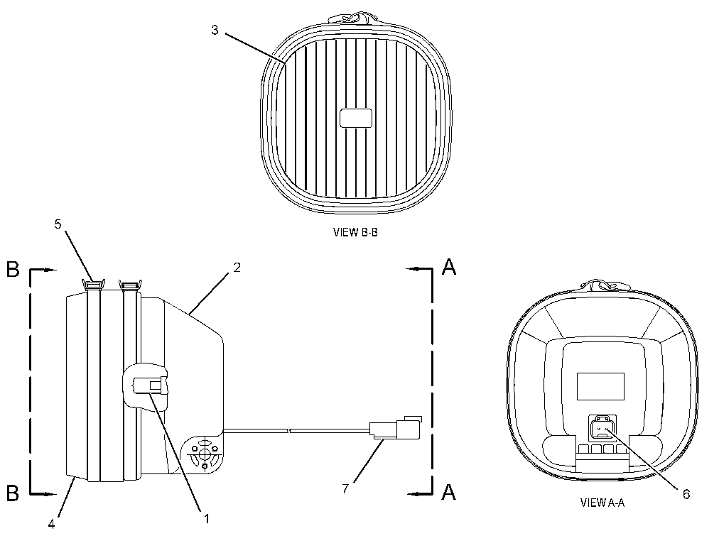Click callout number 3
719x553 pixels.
pyautogui.click(x=215, y=31)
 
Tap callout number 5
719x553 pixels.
pyautogui.click(x=58, y=224)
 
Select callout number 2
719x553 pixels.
pyautogui.click(x=237, y=267)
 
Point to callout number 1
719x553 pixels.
pyautogui.click(x=207, y=519)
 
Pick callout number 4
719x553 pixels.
pyautogui.click(x=51, y=524)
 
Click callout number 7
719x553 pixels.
pyautogui.click(x=345, y=489)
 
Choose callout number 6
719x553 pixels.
pyautogui.click(x=686, y=494)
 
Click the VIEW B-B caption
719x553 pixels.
pyautogui.click(x=355, y=232)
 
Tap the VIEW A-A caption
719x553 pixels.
pyautogui.click(x=602, y=503)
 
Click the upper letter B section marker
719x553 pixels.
pyautogui.click(x=13, y=269)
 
